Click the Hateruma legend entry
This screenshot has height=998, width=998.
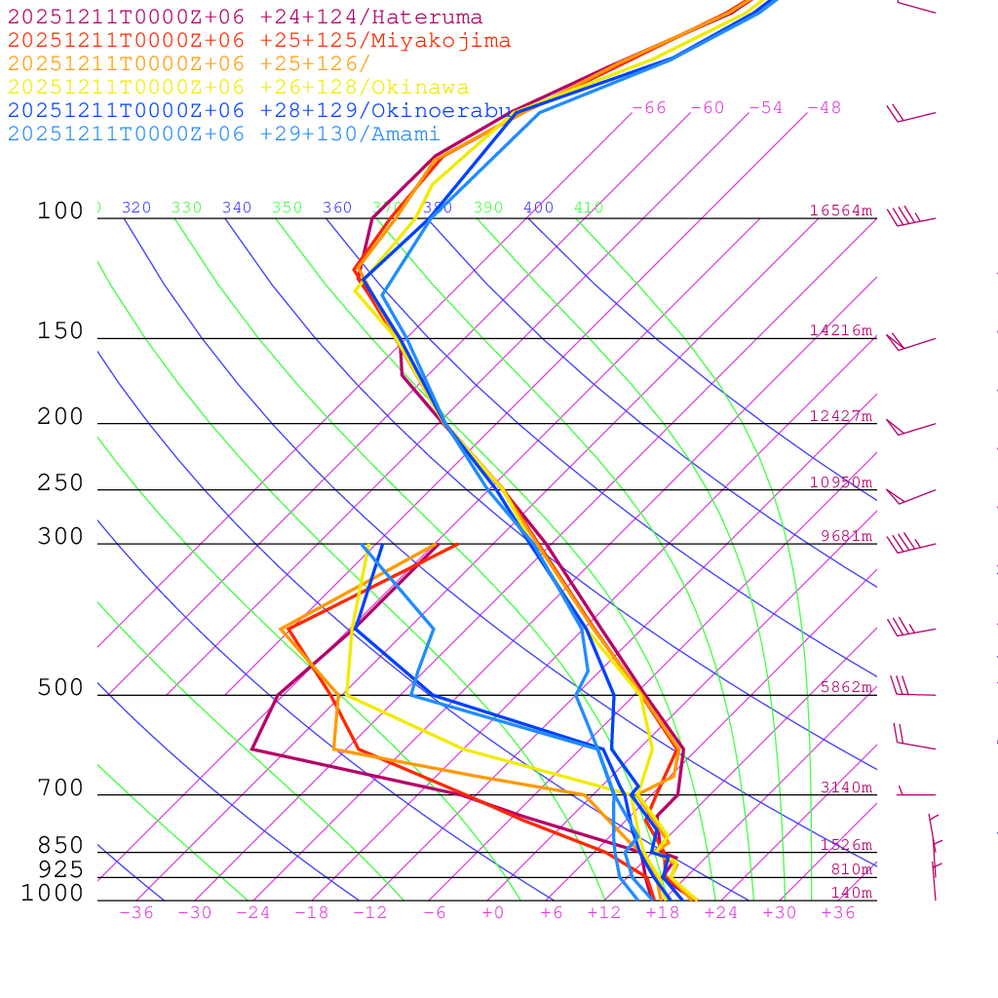[245, 18]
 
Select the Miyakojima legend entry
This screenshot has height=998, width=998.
[259, 41]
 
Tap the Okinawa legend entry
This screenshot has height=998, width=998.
[238, 88]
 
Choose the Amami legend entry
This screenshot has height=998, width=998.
[223, 134]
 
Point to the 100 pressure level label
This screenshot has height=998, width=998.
[60, 211]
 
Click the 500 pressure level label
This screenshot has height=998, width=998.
[60, 688]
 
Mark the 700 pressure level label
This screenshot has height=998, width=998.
[60, 788]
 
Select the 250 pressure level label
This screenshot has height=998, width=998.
[60, 483]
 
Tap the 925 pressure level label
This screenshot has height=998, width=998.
[60, 869]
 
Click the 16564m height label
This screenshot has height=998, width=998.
[841, 211]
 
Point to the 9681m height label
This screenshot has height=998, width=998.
[846, 536]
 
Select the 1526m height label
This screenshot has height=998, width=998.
[846, 845]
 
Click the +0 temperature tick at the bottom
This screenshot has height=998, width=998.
[493, 913]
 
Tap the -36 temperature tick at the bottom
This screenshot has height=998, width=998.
[136, 913]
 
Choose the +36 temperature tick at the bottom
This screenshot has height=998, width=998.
[838, 913]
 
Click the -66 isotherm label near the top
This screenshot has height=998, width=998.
[649, 108]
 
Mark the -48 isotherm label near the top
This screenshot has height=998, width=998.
[825, 108]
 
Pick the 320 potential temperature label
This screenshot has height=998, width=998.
[136, 208]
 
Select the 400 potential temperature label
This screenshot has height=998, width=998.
[538, 208]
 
